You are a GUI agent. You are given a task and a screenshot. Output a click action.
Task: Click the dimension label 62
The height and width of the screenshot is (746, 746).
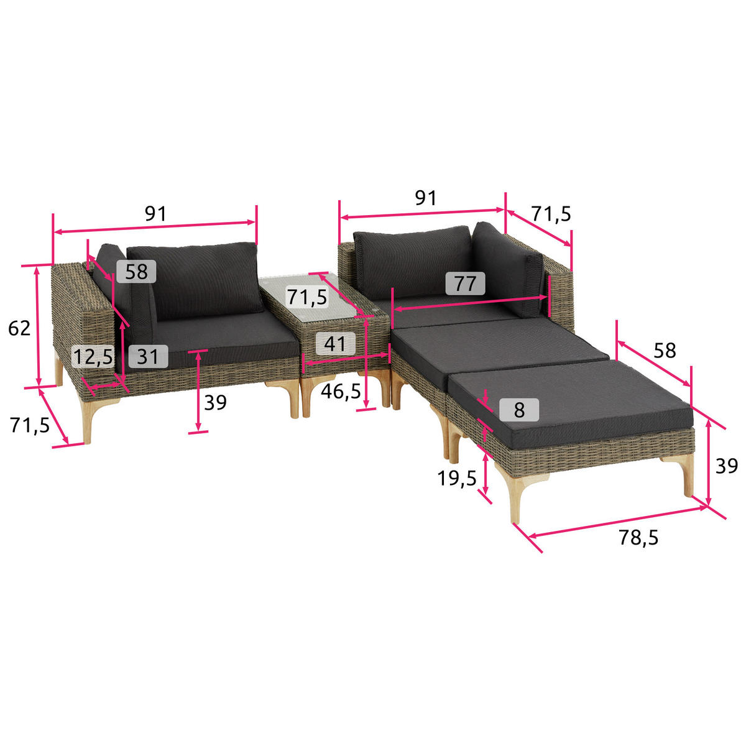[19, 328]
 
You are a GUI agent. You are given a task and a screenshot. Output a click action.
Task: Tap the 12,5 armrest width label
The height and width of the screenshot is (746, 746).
[93, 357]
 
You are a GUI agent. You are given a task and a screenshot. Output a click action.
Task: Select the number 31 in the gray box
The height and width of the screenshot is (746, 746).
[148, 356]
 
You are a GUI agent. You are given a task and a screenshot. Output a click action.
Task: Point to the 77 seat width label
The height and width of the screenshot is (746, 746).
[465, 283]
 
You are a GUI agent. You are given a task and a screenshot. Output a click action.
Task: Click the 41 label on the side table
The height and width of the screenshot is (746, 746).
[335, 343]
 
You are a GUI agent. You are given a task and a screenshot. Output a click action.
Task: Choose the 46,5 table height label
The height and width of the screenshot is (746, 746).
[341, 392]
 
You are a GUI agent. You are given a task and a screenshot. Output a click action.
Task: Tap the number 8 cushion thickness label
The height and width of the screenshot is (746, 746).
[519, 410]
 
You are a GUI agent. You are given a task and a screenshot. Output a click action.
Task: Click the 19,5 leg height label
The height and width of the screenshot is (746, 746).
[457, 479]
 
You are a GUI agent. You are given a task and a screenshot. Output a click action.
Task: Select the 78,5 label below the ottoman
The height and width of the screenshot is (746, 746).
[638, 537]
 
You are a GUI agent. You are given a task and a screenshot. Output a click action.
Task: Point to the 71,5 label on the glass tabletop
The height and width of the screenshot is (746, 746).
[307, 297]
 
